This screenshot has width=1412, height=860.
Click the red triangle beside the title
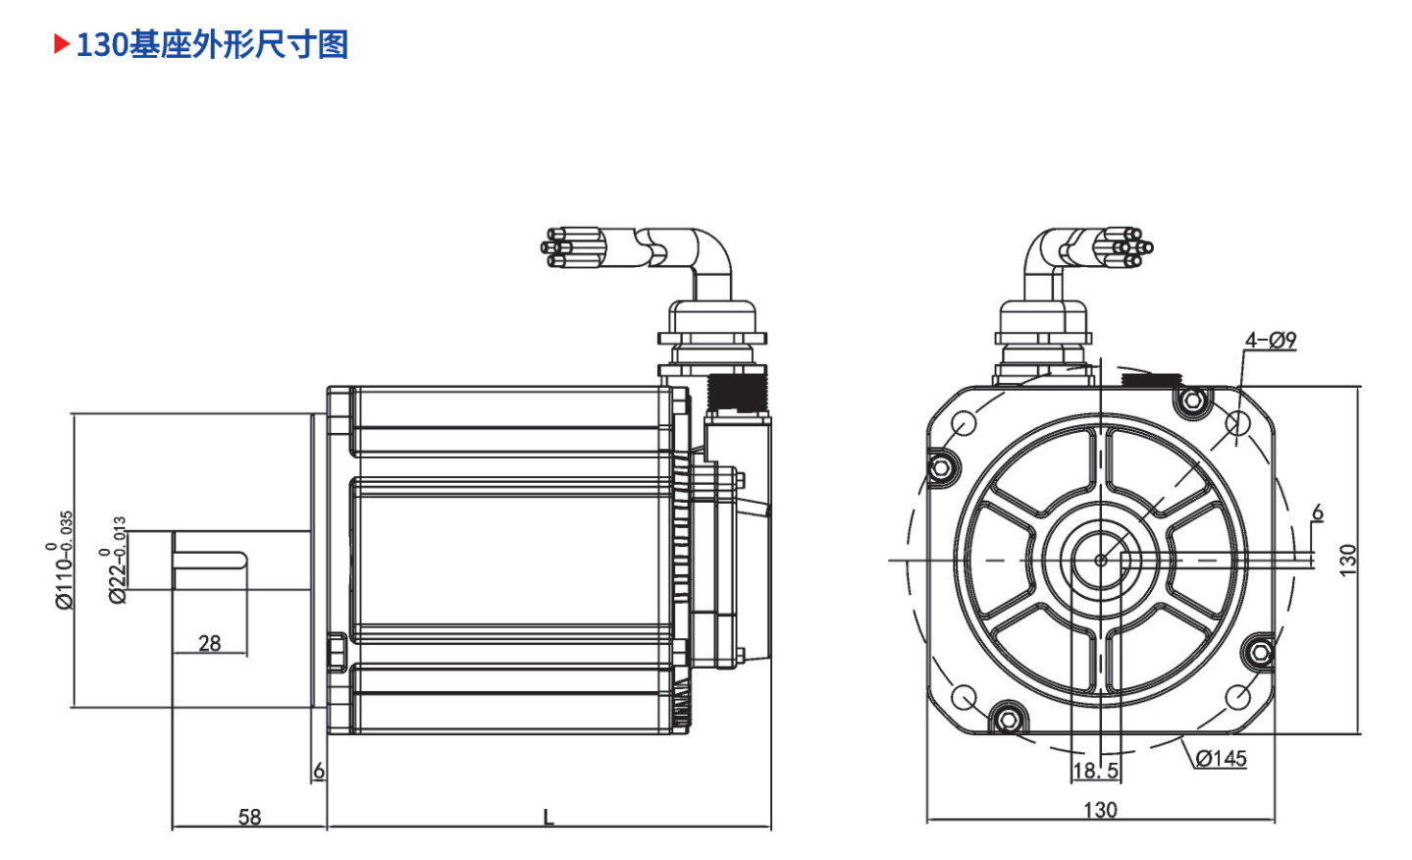61,44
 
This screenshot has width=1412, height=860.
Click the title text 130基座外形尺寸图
212,45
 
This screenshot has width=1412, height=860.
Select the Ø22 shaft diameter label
116,561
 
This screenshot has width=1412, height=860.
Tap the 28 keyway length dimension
210,643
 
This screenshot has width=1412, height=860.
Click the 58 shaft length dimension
249,817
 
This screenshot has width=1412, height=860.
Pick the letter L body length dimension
549,818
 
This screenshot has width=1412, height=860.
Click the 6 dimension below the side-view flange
319,771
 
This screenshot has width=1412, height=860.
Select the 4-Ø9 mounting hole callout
1271,341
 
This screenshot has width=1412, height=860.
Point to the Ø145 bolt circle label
1221,759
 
